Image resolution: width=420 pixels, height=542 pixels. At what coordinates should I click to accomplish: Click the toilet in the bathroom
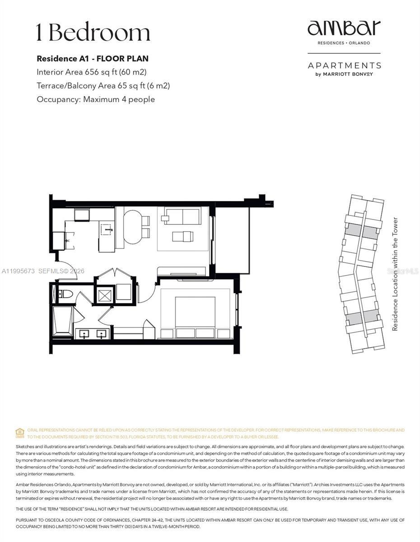(x=66, y=294)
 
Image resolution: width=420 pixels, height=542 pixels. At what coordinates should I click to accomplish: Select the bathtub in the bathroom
(x=62, y=321)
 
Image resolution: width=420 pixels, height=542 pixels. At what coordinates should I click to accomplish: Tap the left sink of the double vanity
(x=84, y=334)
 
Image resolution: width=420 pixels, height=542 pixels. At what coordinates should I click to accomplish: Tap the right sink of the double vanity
(x=102, y=334)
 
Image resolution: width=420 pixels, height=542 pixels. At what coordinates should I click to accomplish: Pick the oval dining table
(x=132, y=227)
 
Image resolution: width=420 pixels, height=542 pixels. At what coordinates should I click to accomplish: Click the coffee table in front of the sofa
(x=183, y=236)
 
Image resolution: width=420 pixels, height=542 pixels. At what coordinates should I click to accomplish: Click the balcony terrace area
(x=232, y=240)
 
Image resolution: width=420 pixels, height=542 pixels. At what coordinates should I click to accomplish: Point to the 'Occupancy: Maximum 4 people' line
(x=95, y=99)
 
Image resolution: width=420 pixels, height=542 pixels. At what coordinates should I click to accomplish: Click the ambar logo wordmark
(x=344, y=28)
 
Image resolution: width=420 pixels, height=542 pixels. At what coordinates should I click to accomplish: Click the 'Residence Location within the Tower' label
(x=395, y=274)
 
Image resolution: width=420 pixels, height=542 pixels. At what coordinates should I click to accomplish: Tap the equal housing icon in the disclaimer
(x=20, y=433)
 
